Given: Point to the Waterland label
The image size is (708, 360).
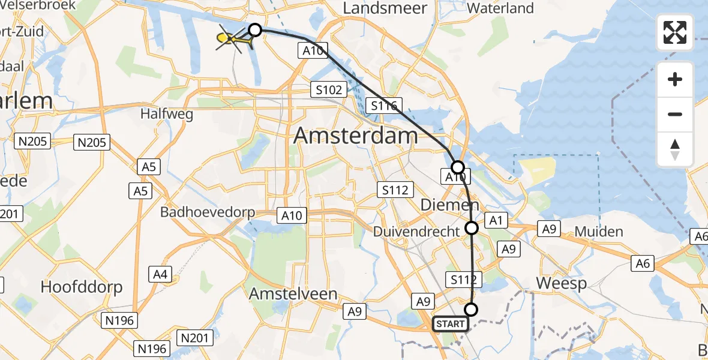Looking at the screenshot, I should tap(500, 8).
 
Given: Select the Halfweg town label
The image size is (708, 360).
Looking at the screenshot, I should tap(167, 114).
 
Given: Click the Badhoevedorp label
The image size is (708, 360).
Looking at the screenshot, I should tap(208, 212).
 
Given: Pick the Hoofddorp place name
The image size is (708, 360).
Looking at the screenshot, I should tap(82, 287).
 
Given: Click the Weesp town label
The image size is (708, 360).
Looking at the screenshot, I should tap(561, 283).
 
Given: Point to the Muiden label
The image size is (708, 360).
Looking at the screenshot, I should tap(598, 232).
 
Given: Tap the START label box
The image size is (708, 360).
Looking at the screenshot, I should tap(451, 324).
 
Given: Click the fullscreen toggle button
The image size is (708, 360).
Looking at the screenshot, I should tap(675, 32).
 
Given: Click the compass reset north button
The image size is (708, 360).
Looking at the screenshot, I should tap(675, 149).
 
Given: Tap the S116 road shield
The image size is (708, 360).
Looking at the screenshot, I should tap(383, 106).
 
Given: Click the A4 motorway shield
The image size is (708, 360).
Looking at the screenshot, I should tap(160, 274).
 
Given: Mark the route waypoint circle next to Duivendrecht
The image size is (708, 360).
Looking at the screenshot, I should tap(472, 227).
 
